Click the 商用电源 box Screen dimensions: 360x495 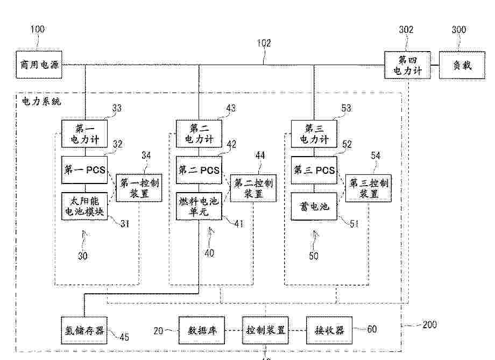(38, 66)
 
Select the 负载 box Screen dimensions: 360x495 (462, 66)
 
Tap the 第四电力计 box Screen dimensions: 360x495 (408, 65)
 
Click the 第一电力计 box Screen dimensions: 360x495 (84, 134)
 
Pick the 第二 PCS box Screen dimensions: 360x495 (199, 170)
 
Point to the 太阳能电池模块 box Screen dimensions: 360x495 (84, 207)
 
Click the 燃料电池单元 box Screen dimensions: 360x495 (199, 207)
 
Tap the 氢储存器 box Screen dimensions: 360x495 (84, 330)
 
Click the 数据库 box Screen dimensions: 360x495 (201, 330)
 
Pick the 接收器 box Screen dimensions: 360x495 (329, 330)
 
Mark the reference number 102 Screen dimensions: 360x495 (263, 43)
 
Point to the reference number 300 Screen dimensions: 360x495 (458, 30)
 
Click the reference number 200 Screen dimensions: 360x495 (429, 324)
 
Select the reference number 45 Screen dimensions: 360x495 (124, 338)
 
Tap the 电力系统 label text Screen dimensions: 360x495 (41, 101)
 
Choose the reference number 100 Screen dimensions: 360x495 (37, 29)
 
